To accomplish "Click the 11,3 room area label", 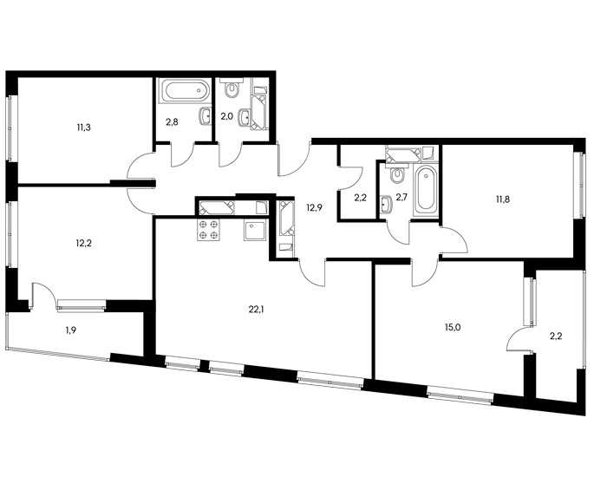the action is pos(83,127).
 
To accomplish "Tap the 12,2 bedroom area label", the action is pos(84,243).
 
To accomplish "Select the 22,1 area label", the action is pos(256,310).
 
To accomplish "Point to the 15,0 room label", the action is pos(453,327).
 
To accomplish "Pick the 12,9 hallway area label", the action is pos(315,207).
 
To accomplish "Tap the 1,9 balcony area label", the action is pos(71,330).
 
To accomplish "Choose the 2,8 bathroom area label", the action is pos(172,121).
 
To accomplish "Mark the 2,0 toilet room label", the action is pos(226,116).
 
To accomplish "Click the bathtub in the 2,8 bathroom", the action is pos(185,90).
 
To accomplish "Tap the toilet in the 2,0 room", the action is pos(231,88).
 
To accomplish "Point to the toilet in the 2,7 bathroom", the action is pos(396,173).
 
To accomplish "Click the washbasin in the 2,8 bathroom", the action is pos(206,115).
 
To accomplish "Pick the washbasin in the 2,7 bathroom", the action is pos(387,205).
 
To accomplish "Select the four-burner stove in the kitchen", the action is pos(209,230).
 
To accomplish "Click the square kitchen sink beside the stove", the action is pos(255,230).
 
